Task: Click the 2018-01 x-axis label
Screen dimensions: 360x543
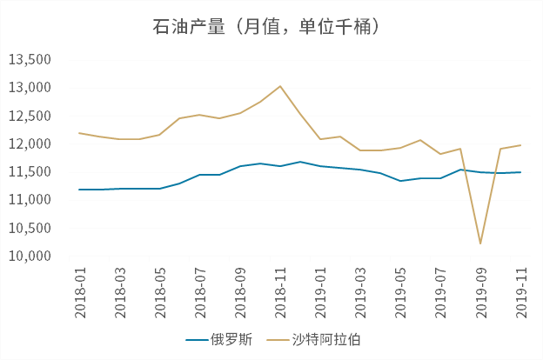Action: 80,292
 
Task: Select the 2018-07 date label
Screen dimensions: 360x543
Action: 200,292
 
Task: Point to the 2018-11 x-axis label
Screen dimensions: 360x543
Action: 280,292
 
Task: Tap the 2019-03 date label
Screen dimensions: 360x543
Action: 360,292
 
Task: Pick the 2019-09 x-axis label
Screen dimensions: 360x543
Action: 480,292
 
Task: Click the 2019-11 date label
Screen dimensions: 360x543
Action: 520,292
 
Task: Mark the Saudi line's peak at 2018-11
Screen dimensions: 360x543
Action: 279,86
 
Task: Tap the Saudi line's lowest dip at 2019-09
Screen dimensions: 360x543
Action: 480,243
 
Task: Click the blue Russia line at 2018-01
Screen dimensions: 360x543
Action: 80,189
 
